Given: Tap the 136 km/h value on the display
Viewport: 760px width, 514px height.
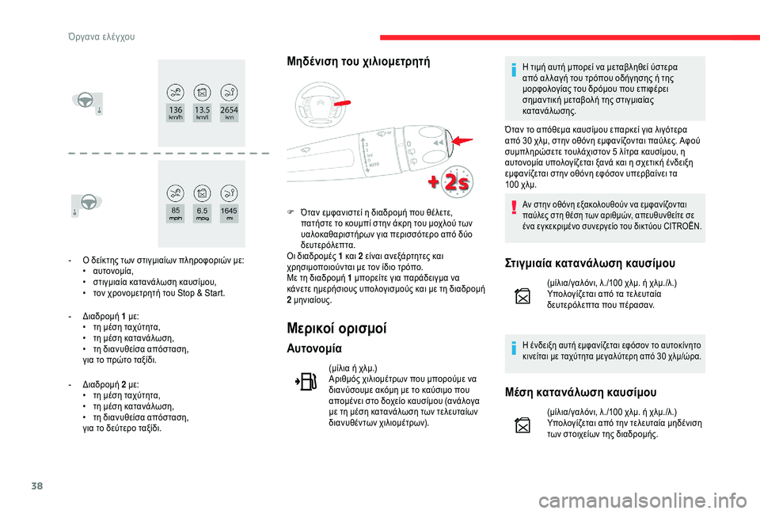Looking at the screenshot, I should (x=175, y=111).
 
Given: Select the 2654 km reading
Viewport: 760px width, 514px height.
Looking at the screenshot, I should (x=229, y=111).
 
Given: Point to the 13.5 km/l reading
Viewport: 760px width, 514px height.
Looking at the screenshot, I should (x=202, y=111).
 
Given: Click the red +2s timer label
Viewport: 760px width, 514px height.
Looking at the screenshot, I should (x=449, y=181).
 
